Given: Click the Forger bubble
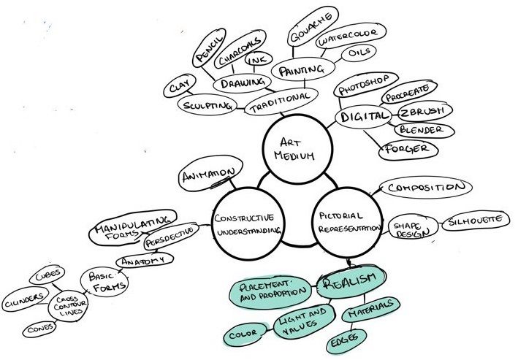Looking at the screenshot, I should pos(408,149).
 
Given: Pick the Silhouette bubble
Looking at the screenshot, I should pos(473,220).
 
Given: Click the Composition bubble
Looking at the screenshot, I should pos(425,188).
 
